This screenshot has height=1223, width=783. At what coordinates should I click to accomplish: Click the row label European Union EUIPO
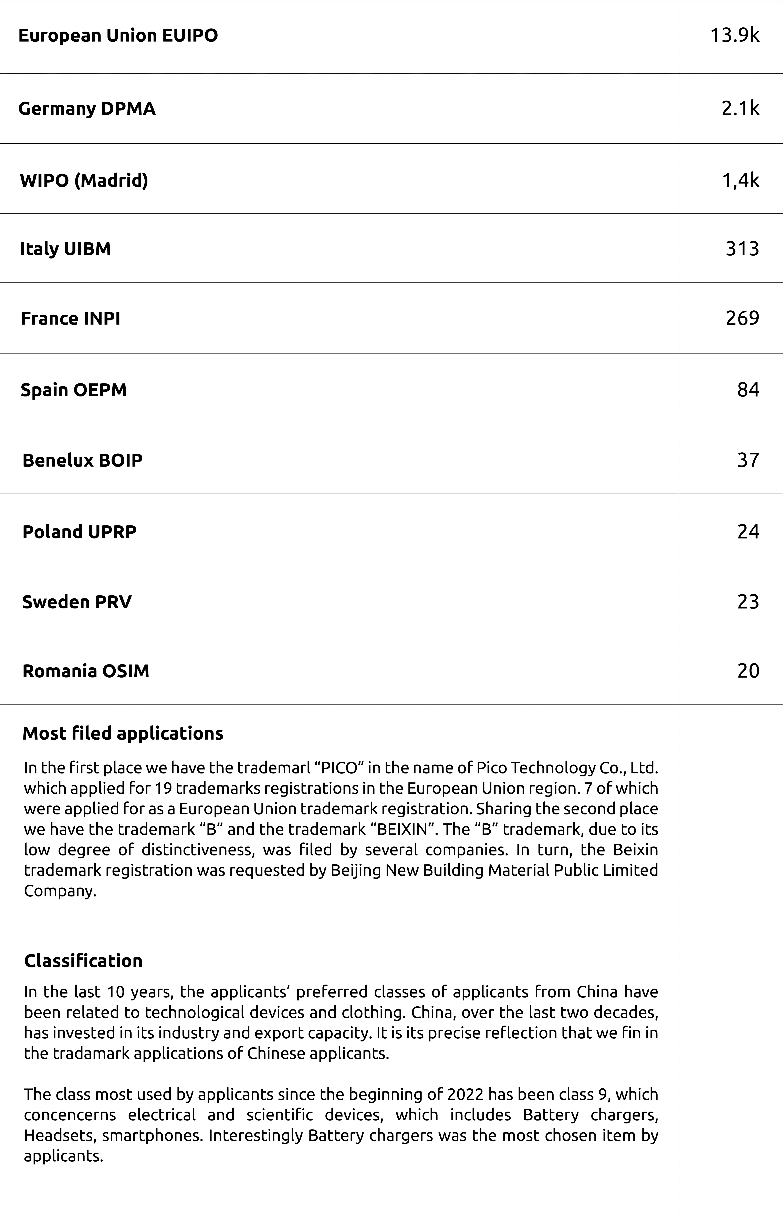[118, 36]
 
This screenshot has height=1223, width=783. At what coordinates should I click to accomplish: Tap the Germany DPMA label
[87, 109]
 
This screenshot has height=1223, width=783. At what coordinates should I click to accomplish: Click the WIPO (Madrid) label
[84, 181]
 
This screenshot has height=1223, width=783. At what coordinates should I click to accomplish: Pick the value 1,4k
[740, 181]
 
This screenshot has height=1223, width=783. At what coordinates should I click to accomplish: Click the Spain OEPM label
[74, 390]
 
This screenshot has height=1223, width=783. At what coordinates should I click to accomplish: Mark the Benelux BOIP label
[82, 460]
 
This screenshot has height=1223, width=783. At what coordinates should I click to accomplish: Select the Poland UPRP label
[79, 532]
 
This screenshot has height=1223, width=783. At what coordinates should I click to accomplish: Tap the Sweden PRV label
[77, 602]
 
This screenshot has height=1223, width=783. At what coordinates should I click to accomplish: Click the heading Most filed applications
[123, 733]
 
